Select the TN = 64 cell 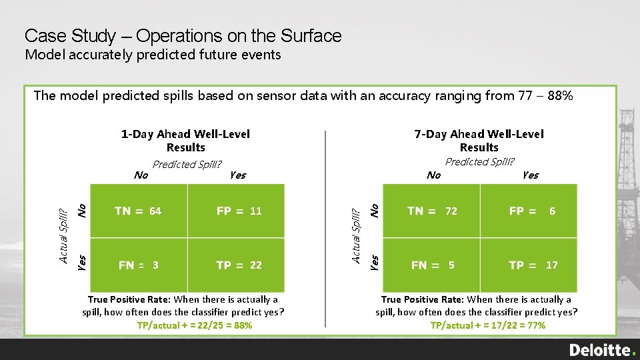point(138,211)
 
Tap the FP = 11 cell point(239,211)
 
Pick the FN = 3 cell point(138,265)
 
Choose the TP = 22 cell point(239,265)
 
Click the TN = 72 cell point(432,211)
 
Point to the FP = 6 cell point(531,211)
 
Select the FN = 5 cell point(432,265)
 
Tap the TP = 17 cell point(531,265)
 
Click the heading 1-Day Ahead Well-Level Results point(185,141)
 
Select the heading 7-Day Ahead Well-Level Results point(479,141)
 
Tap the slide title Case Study point(183,35)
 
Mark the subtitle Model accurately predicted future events point(153,55)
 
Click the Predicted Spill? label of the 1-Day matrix point(187,165)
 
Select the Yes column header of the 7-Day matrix point(530,175)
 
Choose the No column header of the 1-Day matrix point(141,175)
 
